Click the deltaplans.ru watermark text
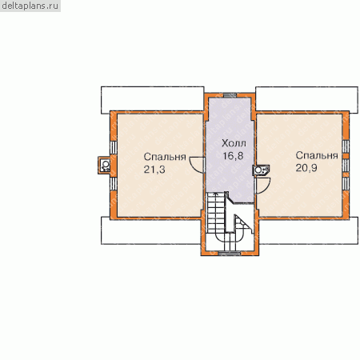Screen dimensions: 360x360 (x=30, y=6)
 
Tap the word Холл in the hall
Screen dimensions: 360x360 (x=234, y=143)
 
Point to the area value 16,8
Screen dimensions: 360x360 (x=233, y=156)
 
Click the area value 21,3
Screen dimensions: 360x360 (x=154, y=170)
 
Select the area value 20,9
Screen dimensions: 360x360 (x=306, y=168)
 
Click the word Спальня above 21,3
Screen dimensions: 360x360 (x=165, y=157)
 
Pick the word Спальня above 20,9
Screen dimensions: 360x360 (x=317, y=155)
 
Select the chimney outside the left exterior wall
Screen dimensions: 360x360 (x=104, y=166)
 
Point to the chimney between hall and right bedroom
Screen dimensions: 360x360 (x=261, y=170)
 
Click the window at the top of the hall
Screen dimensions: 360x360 (x=230, y=95)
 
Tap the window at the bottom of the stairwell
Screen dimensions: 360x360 (x=230, y=253)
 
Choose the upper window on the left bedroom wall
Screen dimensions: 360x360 (x=114, y=147)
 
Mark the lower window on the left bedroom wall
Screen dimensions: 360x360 (x=114, y=184)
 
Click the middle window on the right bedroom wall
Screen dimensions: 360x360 (x=346, y=166)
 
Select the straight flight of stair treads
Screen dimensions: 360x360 (x=215, y=213)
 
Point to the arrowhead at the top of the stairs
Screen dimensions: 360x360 (x=215, y=194)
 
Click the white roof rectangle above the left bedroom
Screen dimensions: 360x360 (x=153, y=98)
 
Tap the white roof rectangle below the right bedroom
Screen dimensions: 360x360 (x=309, y=231)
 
